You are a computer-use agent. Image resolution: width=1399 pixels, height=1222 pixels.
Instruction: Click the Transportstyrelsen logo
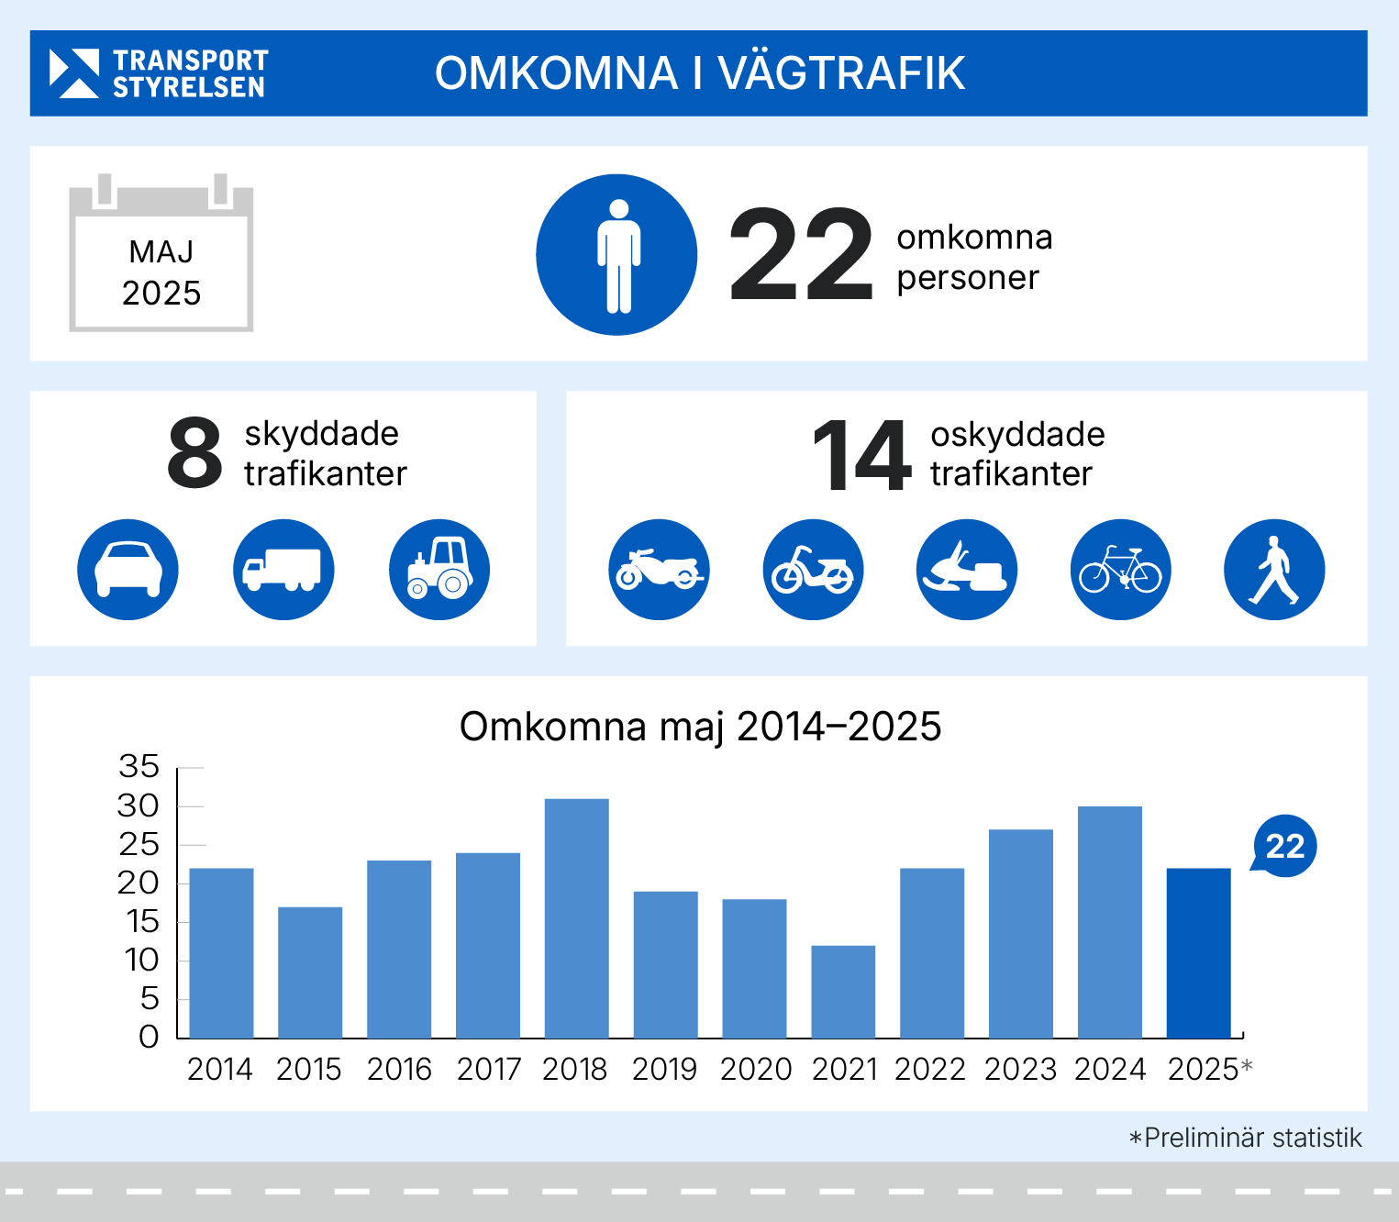pyautogui.click(x=159, y=73)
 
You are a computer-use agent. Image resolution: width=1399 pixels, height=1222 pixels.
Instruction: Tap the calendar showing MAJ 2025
pyautogui.click(x=161, y=255)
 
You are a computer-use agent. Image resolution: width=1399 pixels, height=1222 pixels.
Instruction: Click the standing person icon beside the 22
pyautogui.click(x=616, y=255)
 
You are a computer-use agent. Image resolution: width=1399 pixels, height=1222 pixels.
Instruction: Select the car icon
pyautogui.click(x=128, y=570)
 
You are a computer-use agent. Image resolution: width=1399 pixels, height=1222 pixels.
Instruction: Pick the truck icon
pyautogui.click(x=283, y=570)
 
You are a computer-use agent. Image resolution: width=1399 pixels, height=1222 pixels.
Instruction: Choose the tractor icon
pyautogui.click(x=439, y=570)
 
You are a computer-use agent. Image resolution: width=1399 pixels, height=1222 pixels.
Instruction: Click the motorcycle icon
pyautogui.click(x=659, y=570)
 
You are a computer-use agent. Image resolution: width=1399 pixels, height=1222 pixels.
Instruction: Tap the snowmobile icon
pyautogui.click(x=967, y=570)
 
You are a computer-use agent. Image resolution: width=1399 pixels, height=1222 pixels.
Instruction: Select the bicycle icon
pyautogui.click(x=1121, y=570)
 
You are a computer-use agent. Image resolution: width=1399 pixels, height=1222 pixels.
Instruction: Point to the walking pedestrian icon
pyautogui.click(x=1274, y=570)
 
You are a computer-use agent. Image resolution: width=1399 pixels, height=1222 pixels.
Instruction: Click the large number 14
pyautogui.click(x=861, y=455)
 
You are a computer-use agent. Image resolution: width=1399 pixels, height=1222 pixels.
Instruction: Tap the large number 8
pyautogui.click(x=195, y=453)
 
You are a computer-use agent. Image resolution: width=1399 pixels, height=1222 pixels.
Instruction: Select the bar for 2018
pyautogui.click(x=576, y=917)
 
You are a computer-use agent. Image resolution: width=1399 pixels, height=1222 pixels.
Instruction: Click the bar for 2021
pyautogui.click(x=843, y=991)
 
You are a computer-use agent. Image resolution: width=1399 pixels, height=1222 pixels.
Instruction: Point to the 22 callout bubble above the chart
pyautogui.click(x=1284, y=846)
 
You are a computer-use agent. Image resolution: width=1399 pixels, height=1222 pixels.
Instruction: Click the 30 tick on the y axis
pyautogui.click(x=139, y=806)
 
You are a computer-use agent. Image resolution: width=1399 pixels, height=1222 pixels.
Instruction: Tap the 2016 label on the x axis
pyautogui.click(x=399, y=1070)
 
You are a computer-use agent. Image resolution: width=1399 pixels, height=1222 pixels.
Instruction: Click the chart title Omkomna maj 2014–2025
pyautogui.click(x=700, y=727)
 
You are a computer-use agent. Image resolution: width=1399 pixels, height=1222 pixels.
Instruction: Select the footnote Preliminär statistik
pyautogui.click(x=1246, y=1139)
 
